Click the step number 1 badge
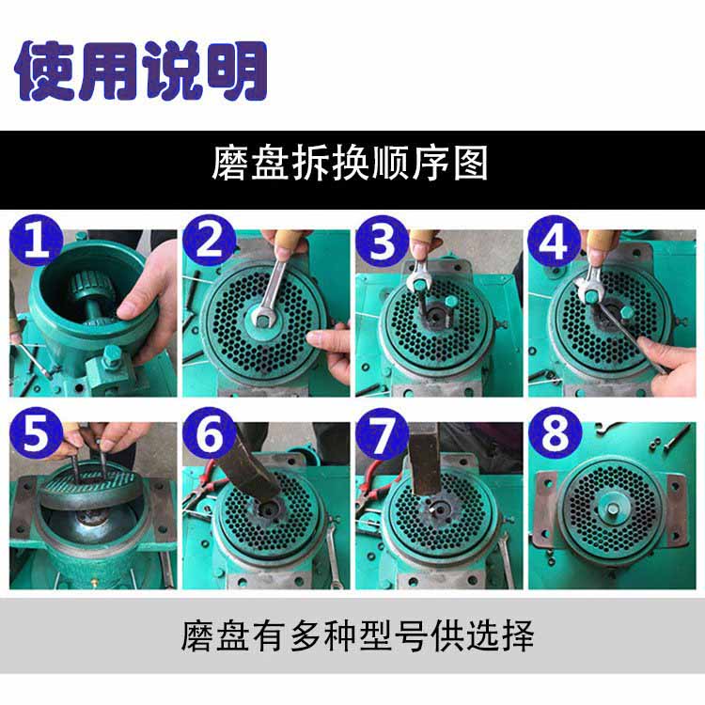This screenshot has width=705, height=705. click(37, 243)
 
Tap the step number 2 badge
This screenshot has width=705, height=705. click(210, 243)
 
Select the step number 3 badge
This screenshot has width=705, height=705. click(383, 243)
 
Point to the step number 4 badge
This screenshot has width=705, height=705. click(555, 243)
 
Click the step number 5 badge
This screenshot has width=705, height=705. click(37, 434)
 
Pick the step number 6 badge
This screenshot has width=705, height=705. click(210, 434)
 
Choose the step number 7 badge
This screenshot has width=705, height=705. click(383, 434)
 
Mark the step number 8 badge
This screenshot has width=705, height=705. click(555, 434)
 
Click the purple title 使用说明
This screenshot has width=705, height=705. click(141, 70)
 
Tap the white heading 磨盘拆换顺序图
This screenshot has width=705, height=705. click(350, 164)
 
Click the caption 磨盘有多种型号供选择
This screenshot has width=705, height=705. click(357, 635)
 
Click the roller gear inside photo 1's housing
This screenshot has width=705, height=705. click(90, 286)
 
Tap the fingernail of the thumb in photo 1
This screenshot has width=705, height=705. click(126, 310)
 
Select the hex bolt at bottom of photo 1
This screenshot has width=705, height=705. click(111, 354)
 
